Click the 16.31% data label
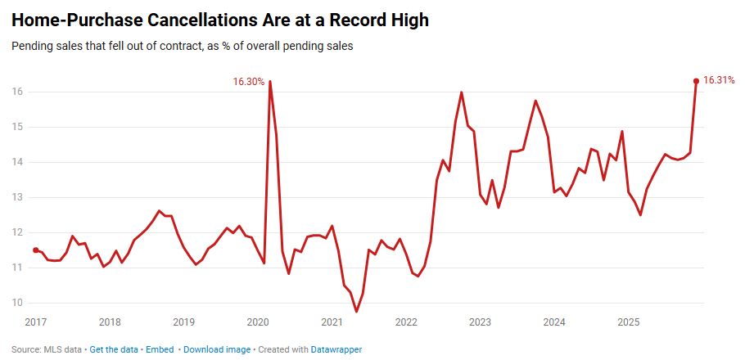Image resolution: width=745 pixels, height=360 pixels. (x=720, y=80)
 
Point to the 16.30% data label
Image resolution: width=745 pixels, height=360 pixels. (x=249, y=82)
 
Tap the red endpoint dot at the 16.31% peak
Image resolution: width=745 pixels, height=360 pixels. (x=696, y=81)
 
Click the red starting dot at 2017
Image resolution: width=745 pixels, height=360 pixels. (x=35, y=250)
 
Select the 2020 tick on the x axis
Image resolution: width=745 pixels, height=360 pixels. (x=258, y=322)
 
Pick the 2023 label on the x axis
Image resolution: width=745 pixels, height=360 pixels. (x=481, y=322)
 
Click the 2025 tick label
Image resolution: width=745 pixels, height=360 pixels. (x=629, y=322)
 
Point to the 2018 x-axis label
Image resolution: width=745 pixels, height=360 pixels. (x=110, y=322)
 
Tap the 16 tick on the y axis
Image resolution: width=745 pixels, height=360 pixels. (x=18, y=92)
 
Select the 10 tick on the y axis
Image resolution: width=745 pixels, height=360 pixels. (x=18, y=303)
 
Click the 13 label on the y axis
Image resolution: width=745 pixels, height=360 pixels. (x=18, y=197)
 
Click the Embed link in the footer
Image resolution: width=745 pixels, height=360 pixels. (x=160, y=349)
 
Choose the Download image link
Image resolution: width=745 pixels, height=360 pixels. (x=217, y=349)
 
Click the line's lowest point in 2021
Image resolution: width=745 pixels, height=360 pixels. (x=356, y=311)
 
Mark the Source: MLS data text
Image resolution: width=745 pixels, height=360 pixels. (x=47, y=349)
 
